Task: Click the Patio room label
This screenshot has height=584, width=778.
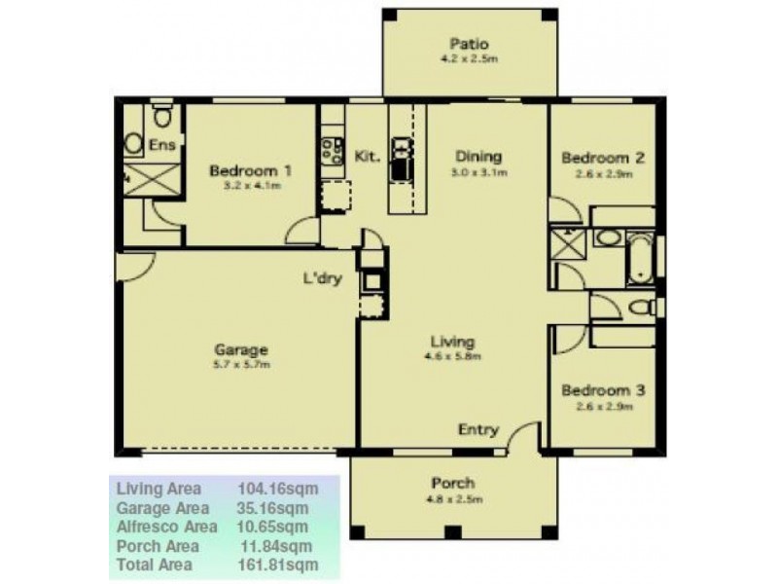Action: pyautogui.click(x=468, y=44)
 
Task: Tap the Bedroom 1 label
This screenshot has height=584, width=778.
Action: pyautogui.click(x=251, y=170)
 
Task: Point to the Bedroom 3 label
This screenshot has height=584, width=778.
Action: pyautogui.click(x=603, y=390)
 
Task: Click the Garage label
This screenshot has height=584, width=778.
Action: pyautogui.click(x=241, y=349)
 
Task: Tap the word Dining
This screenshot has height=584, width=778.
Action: pyautogui.click(x=478, y=156)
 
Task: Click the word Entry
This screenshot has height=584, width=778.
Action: pyautogui.click(x=477, y=429)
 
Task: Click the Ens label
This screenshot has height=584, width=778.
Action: pyautogui.click(x=161, y=145)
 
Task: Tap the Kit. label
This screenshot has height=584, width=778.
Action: pyautogui.click(x=366, y=156)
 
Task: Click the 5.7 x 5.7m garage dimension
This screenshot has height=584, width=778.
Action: pyautogui.click(x=241, y=365)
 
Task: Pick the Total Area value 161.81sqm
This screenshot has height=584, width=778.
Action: pyautogui.click(x=277, y=565)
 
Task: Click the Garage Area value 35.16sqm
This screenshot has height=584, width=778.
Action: pyautogui.click(x=273, y=507)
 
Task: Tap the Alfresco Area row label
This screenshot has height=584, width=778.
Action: pyautogui.click(x=165, y=527)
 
